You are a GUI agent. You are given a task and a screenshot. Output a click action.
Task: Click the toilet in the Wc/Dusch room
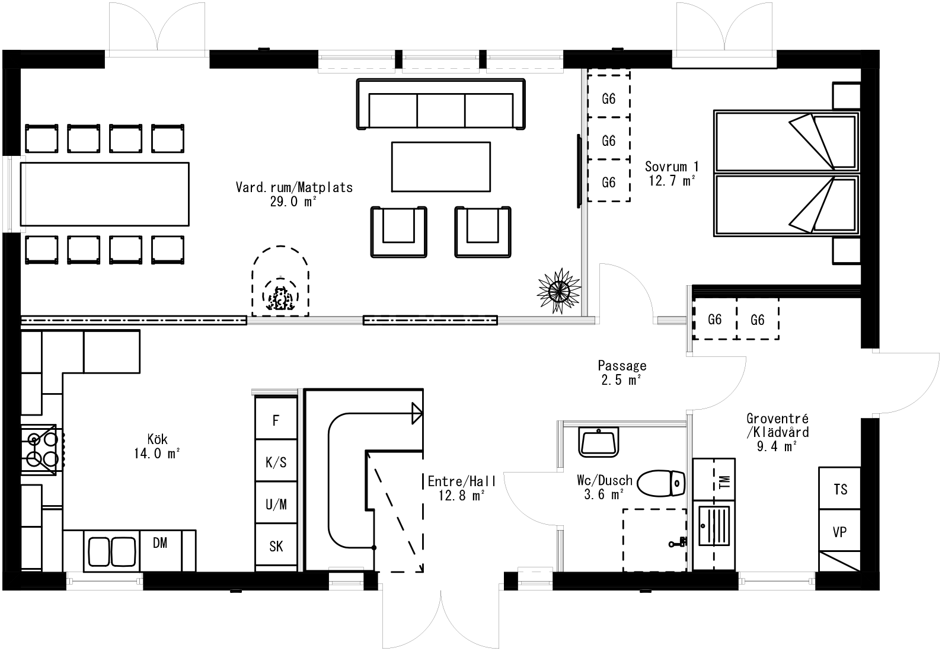(x=662, y=483)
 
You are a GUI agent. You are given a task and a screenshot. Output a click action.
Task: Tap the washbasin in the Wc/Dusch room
(x=599, y=442)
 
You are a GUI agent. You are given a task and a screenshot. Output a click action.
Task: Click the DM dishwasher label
(x=159, y=542)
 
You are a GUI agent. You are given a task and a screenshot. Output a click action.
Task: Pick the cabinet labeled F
(x=276, y=420)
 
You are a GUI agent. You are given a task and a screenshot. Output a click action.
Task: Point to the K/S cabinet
(x=276, y=462)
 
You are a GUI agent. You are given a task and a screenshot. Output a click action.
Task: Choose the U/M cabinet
(x=276, y=505)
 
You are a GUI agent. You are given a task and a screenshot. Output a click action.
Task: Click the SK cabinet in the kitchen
(x=276, y=546)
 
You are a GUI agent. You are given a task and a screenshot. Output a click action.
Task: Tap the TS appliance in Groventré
(x=840, y=489)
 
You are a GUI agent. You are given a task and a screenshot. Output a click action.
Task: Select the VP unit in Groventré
(x=840, y=532)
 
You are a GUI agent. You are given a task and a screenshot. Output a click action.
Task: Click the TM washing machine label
(x=723, y=481)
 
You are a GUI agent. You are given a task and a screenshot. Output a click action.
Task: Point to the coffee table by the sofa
(x=441, y=167)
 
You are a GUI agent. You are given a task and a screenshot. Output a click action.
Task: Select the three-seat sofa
(x=441, y=106)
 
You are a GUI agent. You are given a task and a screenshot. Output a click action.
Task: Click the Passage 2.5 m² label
(x=621, y=373)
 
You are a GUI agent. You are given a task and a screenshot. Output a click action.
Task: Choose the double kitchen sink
(x=112, y=551)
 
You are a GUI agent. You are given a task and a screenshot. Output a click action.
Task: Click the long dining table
(x=105, y=193)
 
